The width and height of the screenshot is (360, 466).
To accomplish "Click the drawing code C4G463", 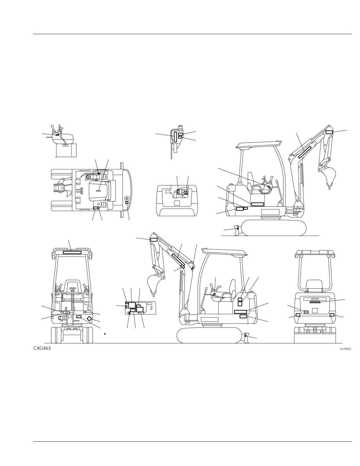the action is point(42,348).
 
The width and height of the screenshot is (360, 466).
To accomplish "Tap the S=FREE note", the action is point(345,349).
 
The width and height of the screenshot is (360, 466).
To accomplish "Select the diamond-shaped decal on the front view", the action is point(89,319).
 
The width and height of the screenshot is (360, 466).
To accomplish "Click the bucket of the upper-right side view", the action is point(330,177).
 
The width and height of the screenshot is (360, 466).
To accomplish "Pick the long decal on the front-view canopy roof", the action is point(72,252).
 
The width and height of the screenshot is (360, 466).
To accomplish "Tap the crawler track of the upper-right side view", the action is point(274,228).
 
